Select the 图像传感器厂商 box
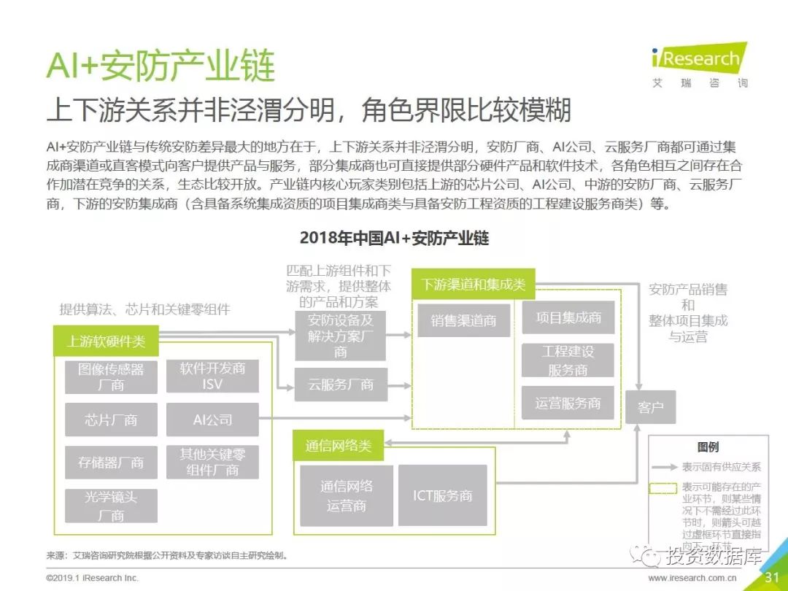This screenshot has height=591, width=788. [111, 376]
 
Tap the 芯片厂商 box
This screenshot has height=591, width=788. [111, 420]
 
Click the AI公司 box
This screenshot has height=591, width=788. [212, 420]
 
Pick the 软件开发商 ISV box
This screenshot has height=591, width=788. [212, 376]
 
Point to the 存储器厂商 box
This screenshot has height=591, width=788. [111, 462]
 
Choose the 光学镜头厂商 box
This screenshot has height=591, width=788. [111, 506]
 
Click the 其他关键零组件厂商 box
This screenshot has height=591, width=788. [212, 462]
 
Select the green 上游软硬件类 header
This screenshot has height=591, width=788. [107, 341]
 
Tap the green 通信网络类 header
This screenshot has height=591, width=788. [338, 445]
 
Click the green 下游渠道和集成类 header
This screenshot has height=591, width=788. [473, 285]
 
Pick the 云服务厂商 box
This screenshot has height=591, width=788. [341, 385]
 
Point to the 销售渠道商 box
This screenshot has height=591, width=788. [463, 320]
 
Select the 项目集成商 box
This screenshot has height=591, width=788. [568, 317]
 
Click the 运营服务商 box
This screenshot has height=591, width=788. [568, 403]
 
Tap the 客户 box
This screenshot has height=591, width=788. [651, 407]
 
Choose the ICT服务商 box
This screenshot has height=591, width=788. [443, 495]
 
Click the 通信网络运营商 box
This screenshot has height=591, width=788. [347, 495]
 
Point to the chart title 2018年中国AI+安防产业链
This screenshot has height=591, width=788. [394, 238]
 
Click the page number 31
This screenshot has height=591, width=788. [772, 577]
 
